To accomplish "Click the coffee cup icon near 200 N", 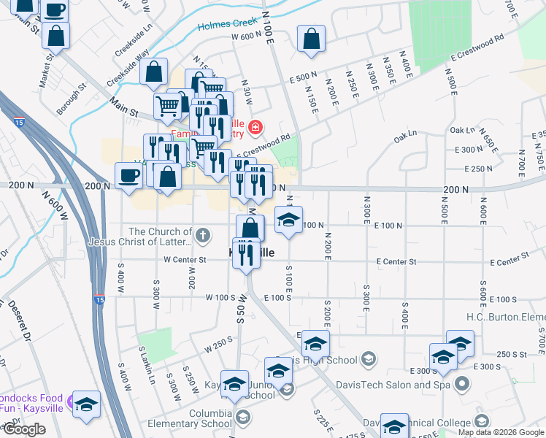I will tap(129, 176).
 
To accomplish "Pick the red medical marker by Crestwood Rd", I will tap(255, 128).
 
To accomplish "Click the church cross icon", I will tap(202, 235).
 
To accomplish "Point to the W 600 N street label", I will tap(245, 36).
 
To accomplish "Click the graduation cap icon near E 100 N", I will tap(288, 219).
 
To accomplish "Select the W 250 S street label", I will tap(219, 344).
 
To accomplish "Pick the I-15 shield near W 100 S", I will tap(99, 299).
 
